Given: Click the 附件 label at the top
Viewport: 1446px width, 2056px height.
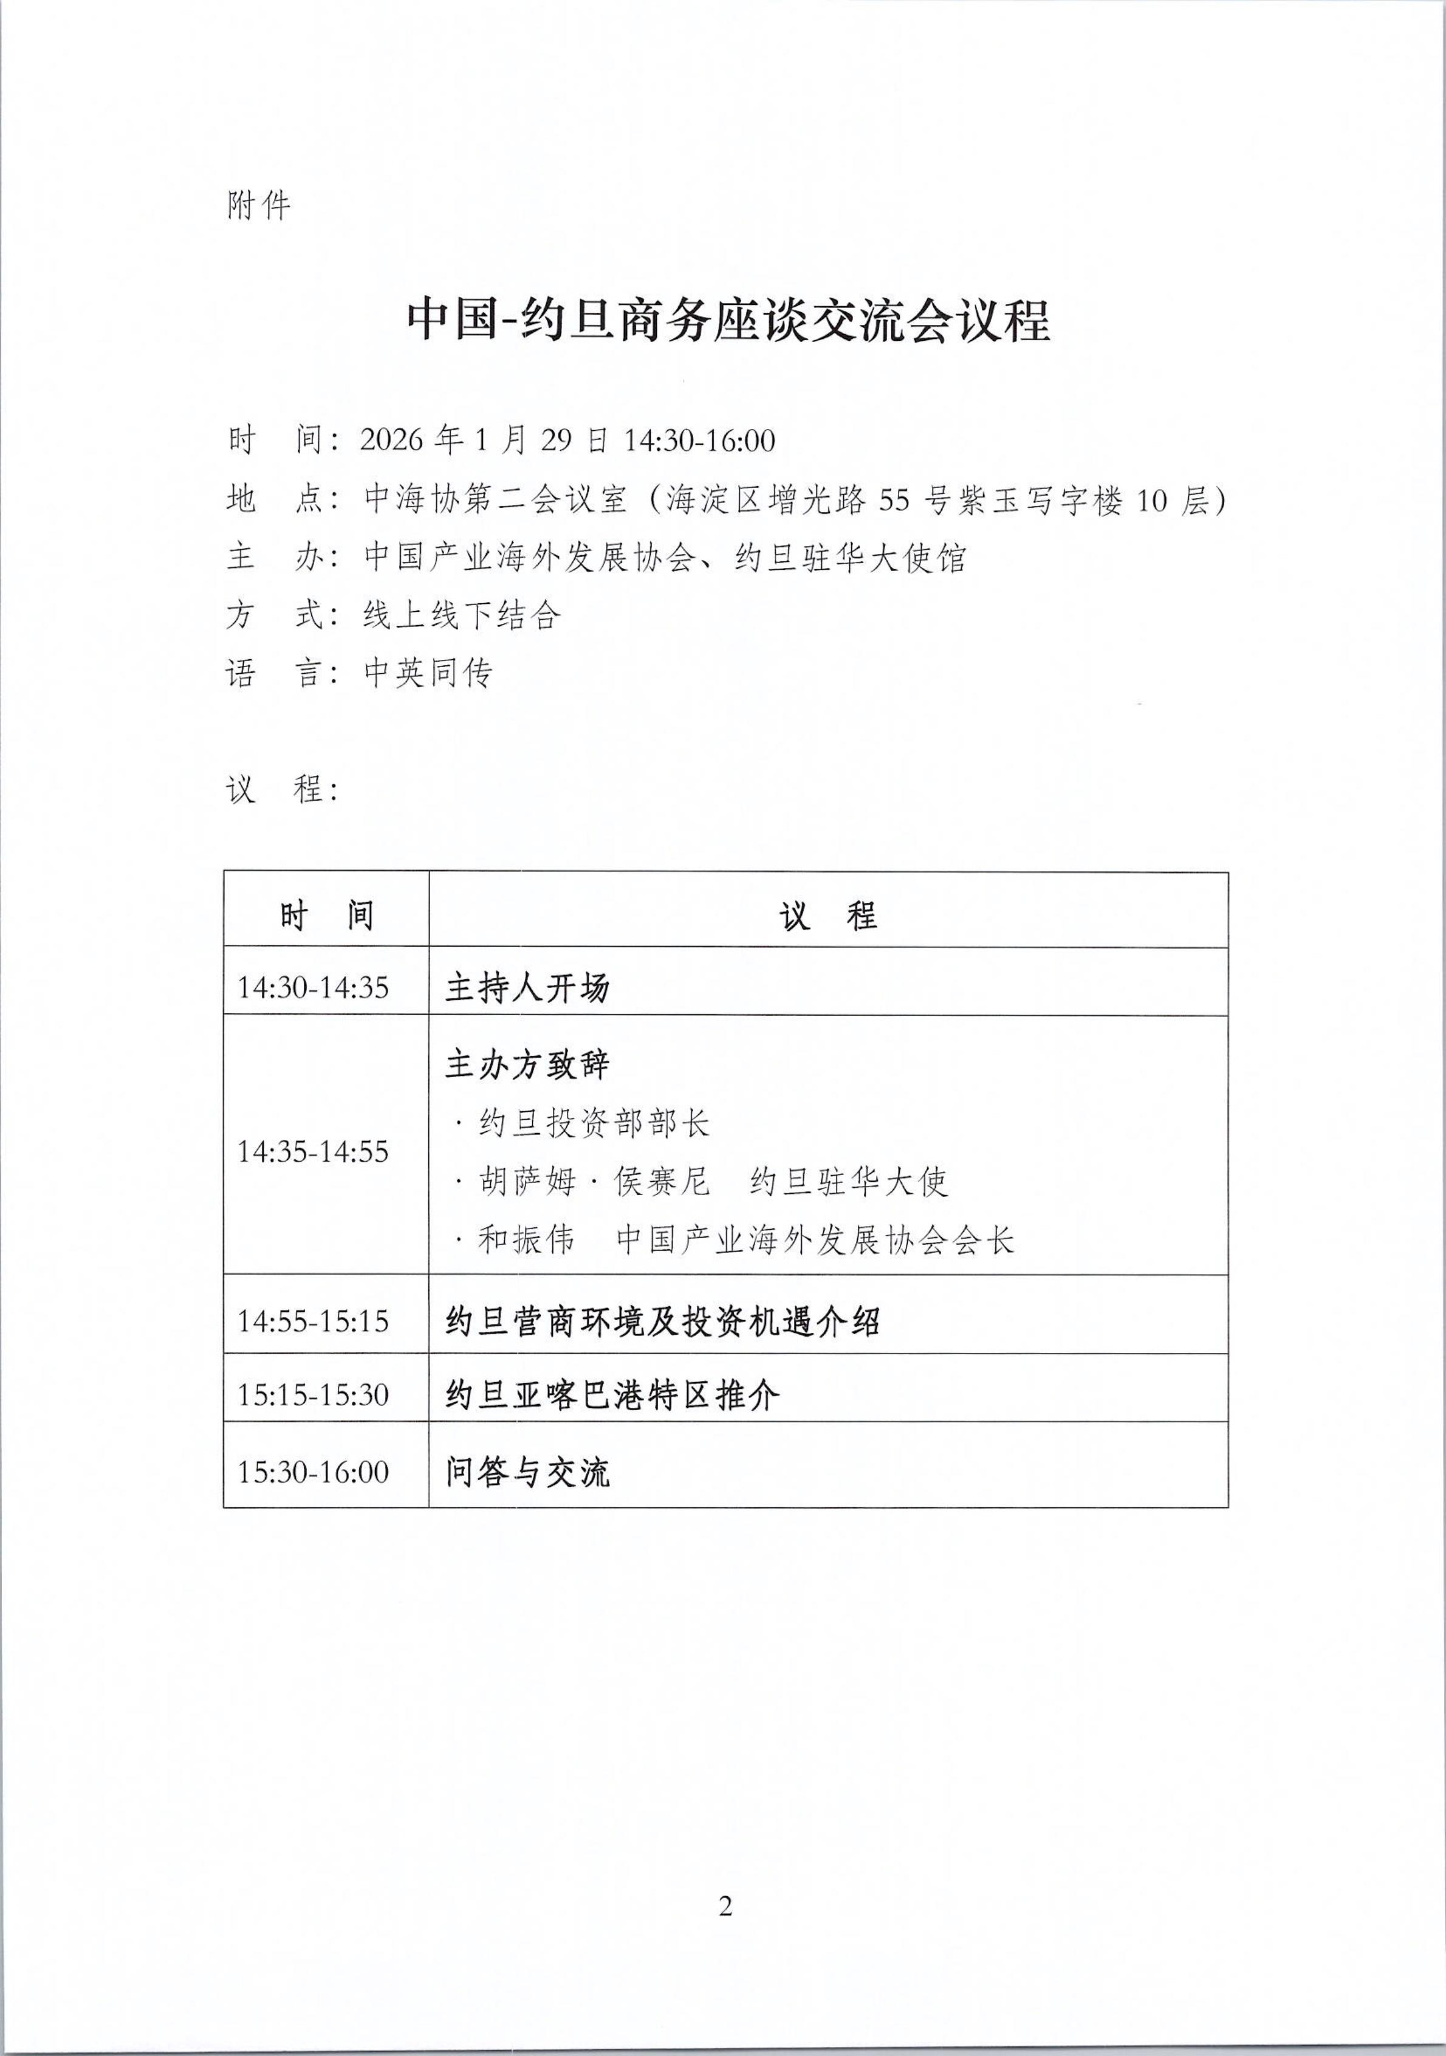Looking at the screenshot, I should click(259, 207).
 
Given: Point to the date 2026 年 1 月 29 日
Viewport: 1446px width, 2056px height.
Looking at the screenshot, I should click(484, 440).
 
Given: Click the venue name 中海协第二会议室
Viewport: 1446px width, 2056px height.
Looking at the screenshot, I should click(495, 499).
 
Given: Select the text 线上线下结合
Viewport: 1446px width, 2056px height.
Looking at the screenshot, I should click(462, 615).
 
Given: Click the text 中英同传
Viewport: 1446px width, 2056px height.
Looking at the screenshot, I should click(428, 673).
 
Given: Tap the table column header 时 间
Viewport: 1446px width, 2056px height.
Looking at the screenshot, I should click(326, 915).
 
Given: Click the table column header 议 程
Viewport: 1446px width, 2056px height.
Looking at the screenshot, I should click(828, 915).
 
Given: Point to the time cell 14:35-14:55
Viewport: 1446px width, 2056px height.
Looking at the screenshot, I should click(312, 1151).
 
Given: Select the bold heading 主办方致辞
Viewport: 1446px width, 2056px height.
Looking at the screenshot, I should click(527, 1064).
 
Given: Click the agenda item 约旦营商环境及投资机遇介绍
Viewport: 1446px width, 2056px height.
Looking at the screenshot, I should click(663, 1321).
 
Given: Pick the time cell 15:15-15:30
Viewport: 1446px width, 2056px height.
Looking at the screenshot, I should click(312, 1394).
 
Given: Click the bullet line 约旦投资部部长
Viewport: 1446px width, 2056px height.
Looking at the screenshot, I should click(594, 1123).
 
